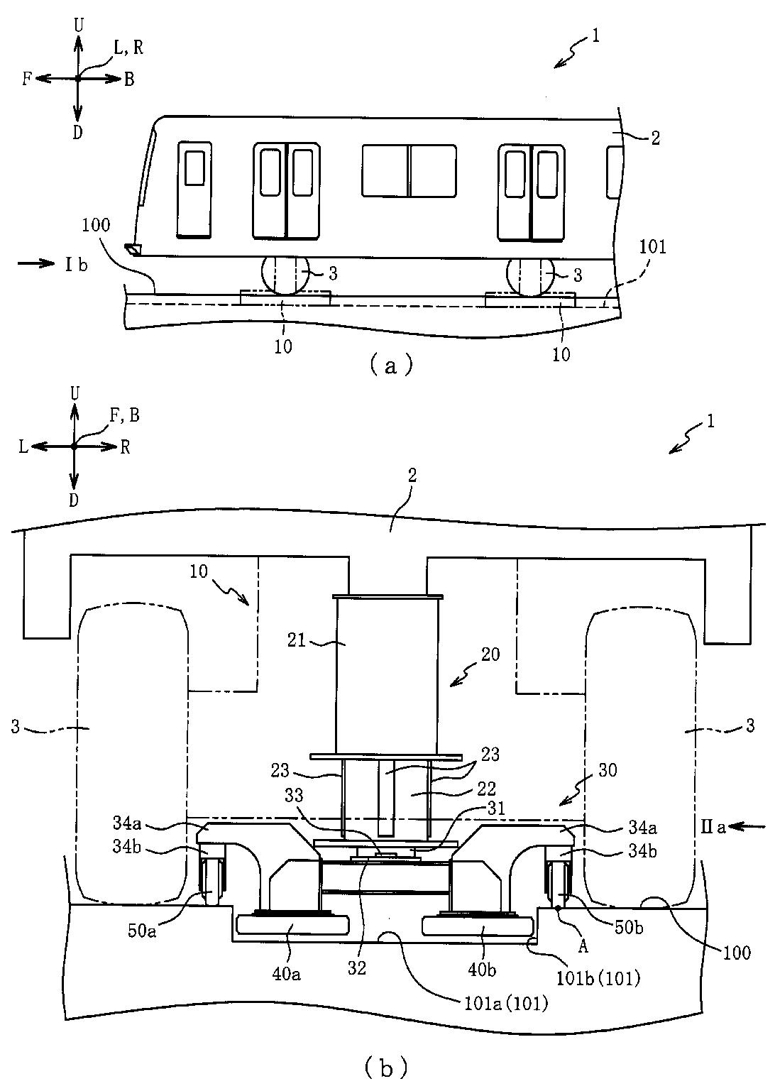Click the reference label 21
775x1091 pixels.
tap(297, 640)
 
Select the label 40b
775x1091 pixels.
tap(482, 970)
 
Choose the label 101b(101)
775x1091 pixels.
tap(598, 978)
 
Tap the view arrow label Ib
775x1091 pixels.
tap(77, 265)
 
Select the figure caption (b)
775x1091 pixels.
tap(385, 1068)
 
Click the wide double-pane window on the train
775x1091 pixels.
tap(409, 170)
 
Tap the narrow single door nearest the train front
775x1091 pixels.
tap(194, 190)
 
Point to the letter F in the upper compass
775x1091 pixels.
tap(27, 79)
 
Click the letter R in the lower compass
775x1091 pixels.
tap(125, 448)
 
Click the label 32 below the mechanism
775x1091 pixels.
tap(356, 967)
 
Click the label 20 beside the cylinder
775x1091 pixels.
tap(490, 654)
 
